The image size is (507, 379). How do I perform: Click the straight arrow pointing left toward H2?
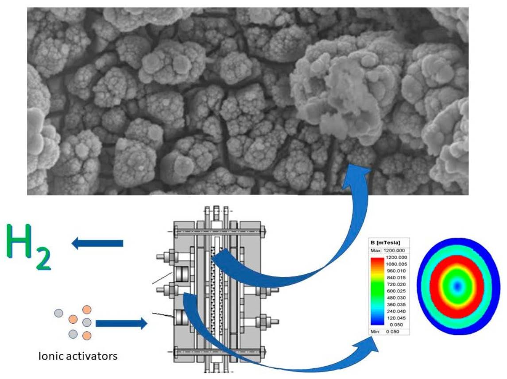(x=97, y=243)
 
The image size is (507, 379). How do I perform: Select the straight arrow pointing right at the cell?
(x=121, y=324)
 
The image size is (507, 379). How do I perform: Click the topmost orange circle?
(x=87, y=310)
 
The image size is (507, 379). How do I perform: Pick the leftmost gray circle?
(x=58, y=314)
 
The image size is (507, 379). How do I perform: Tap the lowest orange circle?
(x=87, y=335)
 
